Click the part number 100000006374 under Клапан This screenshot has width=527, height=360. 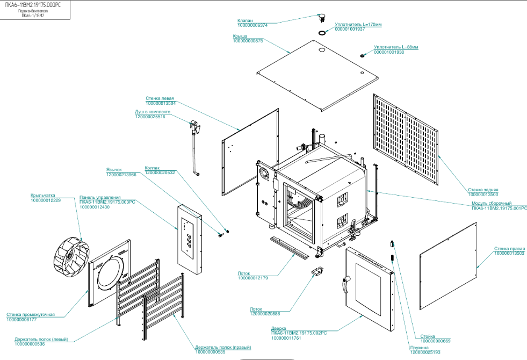point(252,25)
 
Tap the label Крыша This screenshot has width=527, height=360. point(240,36)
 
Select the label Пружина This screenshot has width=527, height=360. point(419,348)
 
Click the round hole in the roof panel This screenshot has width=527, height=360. point(322,51)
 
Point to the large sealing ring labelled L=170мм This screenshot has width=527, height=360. point(322,33)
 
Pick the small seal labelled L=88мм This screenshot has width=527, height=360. point(363,55)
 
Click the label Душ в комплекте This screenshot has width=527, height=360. point(153,112)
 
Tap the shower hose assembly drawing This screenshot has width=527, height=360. point(194,146)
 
